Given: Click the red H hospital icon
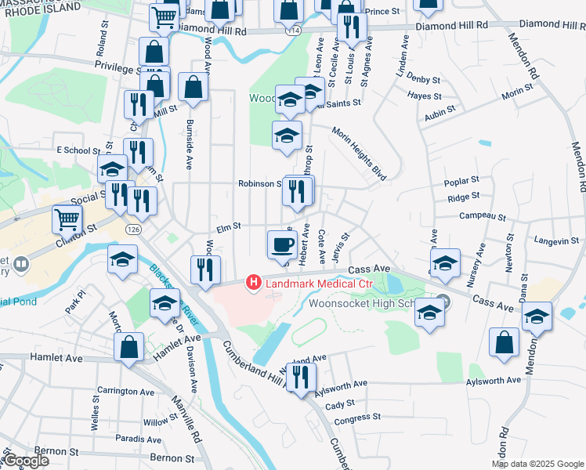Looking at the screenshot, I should tap(253, 281).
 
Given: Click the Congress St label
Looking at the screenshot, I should tap(356, 418).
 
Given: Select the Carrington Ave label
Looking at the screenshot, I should tap(126, 391).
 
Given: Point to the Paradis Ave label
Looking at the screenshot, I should tap(137, 439).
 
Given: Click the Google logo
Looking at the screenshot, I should tap(27, 461).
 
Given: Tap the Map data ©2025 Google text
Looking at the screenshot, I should tap(537, 464).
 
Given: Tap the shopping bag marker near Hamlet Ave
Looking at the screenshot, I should tap(128, 346).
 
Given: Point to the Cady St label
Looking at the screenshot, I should tap(340, 404).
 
